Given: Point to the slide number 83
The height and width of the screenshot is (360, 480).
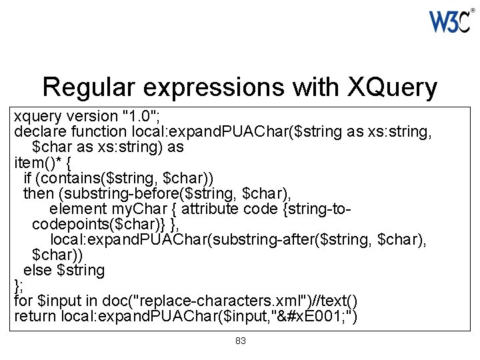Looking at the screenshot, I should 241,341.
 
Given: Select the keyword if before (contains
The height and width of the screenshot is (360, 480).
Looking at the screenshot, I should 27,178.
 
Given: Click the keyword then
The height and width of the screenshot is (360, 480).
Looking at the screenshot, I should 39,193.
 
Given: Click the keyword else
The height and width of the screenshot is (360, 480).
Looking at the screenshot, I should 38,270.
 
